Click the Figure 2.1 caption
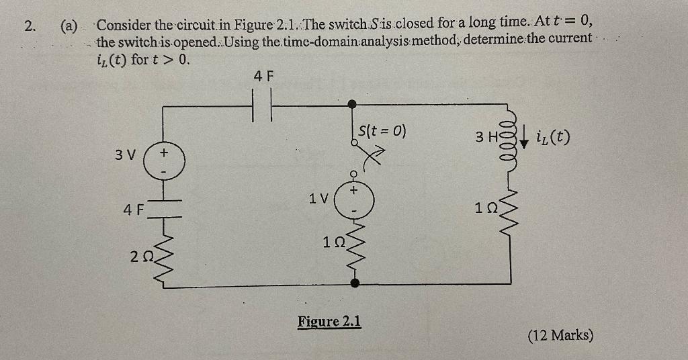tap(329, 321)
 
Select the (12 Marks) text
tap(560, 334)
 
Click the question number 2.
tap(28, 27)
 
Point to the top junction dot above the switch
tap(352, 104)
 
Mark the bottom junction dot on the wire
tap(355, 285)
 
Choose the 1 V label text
tap(318, 199)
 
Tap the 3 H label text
tap(485, 137)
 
